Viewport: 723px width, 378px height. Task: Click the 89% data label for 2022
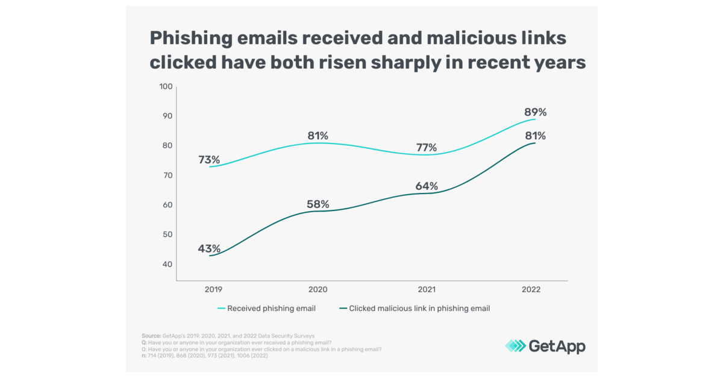coord(534,112)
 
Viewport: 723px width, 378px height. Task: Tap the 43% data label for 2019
coord(209,248)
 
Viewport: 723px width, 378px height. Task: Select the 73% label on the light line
coord(209,160)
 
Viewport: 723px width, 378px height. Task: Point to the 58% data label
coord(318,204)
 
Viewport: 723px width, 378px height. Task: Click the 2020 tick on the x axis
coord(318,289)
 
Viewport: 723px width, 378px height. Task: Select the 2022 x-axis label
coord(531,289)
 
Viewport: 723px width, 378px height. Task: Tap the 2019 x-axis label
coord(213,289)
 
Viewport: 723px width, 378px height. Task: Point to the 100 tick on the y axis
coord(165,87)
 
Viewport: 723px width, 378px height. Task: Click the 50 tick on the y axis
coord(167,235)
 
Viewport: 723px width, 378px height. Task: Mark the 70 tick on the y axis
coord(167,175)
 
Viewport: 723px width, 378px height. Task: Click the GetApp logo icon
coord(515,345)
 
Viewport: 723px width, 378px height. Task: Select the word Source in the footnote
coord(151,335)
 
